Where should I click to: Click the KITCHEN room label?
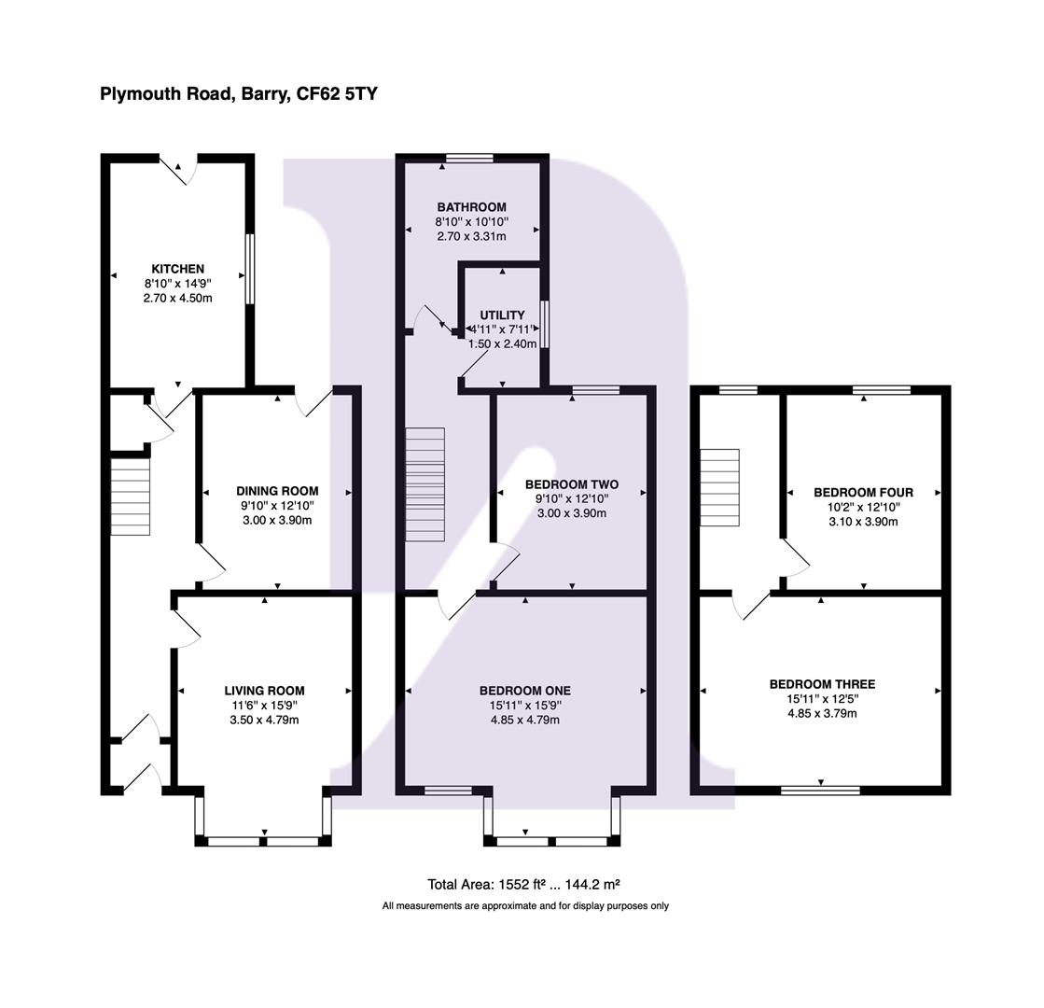(x=177, y=269)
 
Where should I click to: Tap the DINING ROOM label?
(x=276, y=491)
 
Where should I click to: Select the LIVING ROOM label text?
(x=264, y=691)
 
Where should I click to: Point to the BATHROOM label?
(x=471, y=207)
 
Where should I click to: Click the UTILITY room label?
(x=502, y=315)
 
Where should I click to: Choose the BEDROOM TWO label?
(x=571, y=484)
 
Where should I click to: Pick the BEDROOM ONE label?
(x=524, y=691)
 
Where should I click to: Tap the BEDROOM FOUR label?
(x=863, y=492)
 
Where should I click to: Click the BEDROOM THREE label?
(x=822, y=684)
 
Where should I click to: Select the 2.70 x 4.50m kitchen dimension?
(x=177, y=299)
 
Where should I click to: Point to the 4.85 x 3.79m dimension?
(x=822, y=714)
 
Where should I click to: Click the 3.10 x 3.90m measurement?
(x=863, y=522)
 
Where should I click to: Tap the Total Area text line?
(x=524, y=884)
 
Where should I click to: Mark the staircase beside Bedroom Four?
(x=719, y=487)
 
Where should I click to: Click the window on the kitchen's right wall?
(x=249, y=268)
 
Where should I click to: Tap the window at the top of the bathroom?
(x=469, y=158)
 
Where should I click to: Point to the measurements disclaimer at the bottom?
(x=524, y=906)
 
